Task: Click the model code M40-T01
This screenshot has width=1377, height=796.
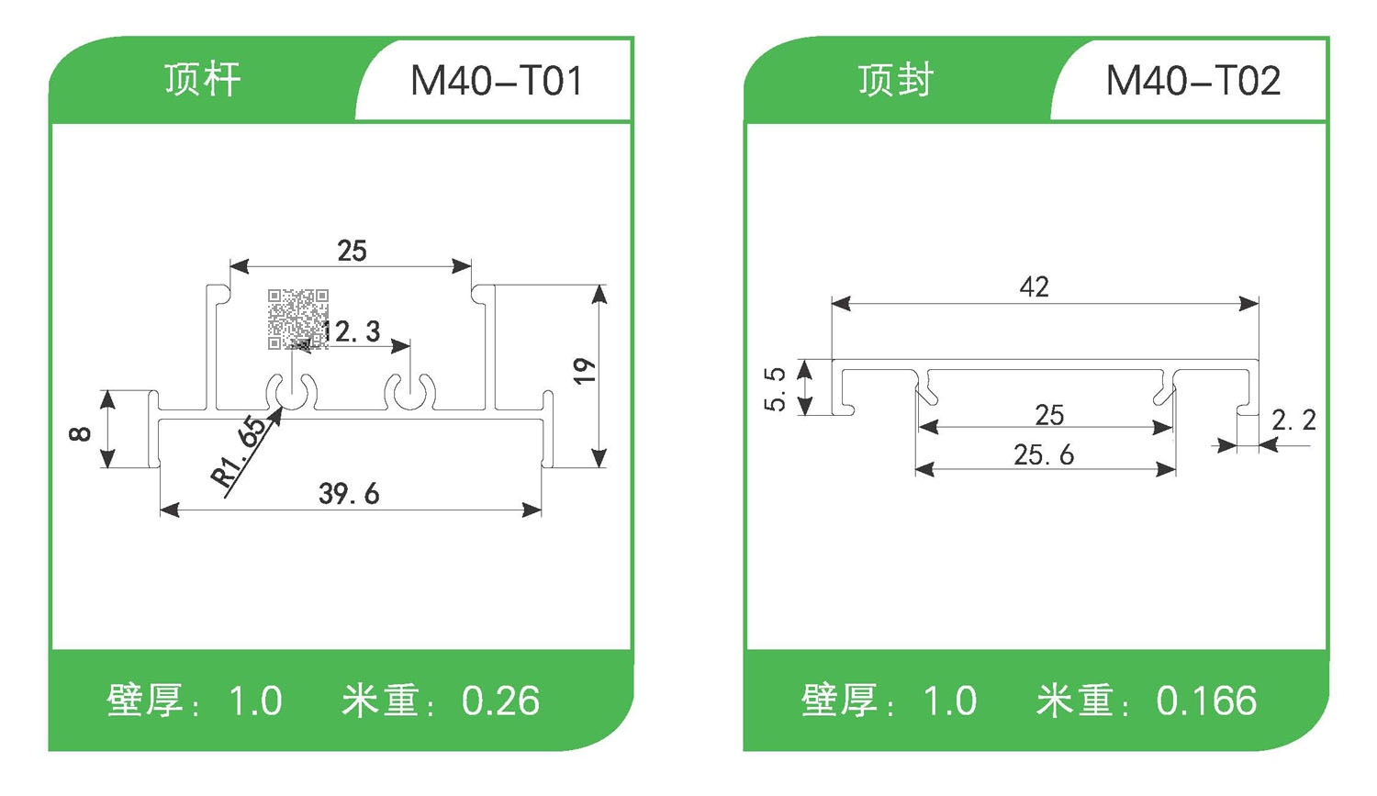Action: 496,81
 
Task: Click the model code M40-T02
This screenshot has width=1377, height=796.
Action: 1192,81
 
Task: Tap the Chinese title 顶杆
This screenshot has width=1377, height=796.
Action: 203,80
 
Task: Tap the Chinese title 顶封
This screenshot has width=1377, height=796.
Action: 896,80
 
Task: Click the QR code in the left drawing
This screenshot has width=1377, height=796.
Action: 297,319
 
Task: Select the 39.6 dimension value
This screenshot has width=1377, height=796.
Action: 349,494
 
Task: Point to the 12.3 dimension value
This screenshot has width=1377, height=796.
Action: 352,331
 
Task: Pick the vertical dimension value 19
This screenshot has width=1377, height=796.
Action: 584,371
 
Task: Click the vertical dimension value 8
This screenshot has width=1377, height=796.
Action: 81,432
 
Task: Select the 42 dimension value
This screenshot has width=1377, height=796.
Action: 1034,287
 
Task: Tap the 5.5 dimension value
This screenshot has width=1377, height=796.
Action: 776,388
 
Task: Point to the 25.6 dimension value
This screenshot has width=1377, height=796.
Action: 1043,454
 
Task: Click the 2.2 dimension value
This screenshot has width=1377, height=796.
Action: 1293,420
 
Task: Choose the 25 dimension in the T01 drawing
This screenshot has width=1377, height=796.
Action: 352,251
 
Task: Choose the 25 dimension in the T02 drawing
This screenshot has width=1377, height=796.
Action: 1049,415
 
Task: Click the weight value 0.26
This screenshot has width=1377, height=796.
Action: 500,701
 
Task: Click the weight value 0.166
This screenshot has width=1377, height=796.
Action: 1206,701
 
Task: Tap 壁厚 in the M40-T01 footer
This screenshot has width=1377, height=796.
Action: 145,701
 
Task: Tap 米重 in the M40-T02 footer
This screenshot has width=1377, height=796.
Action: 1075,701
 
